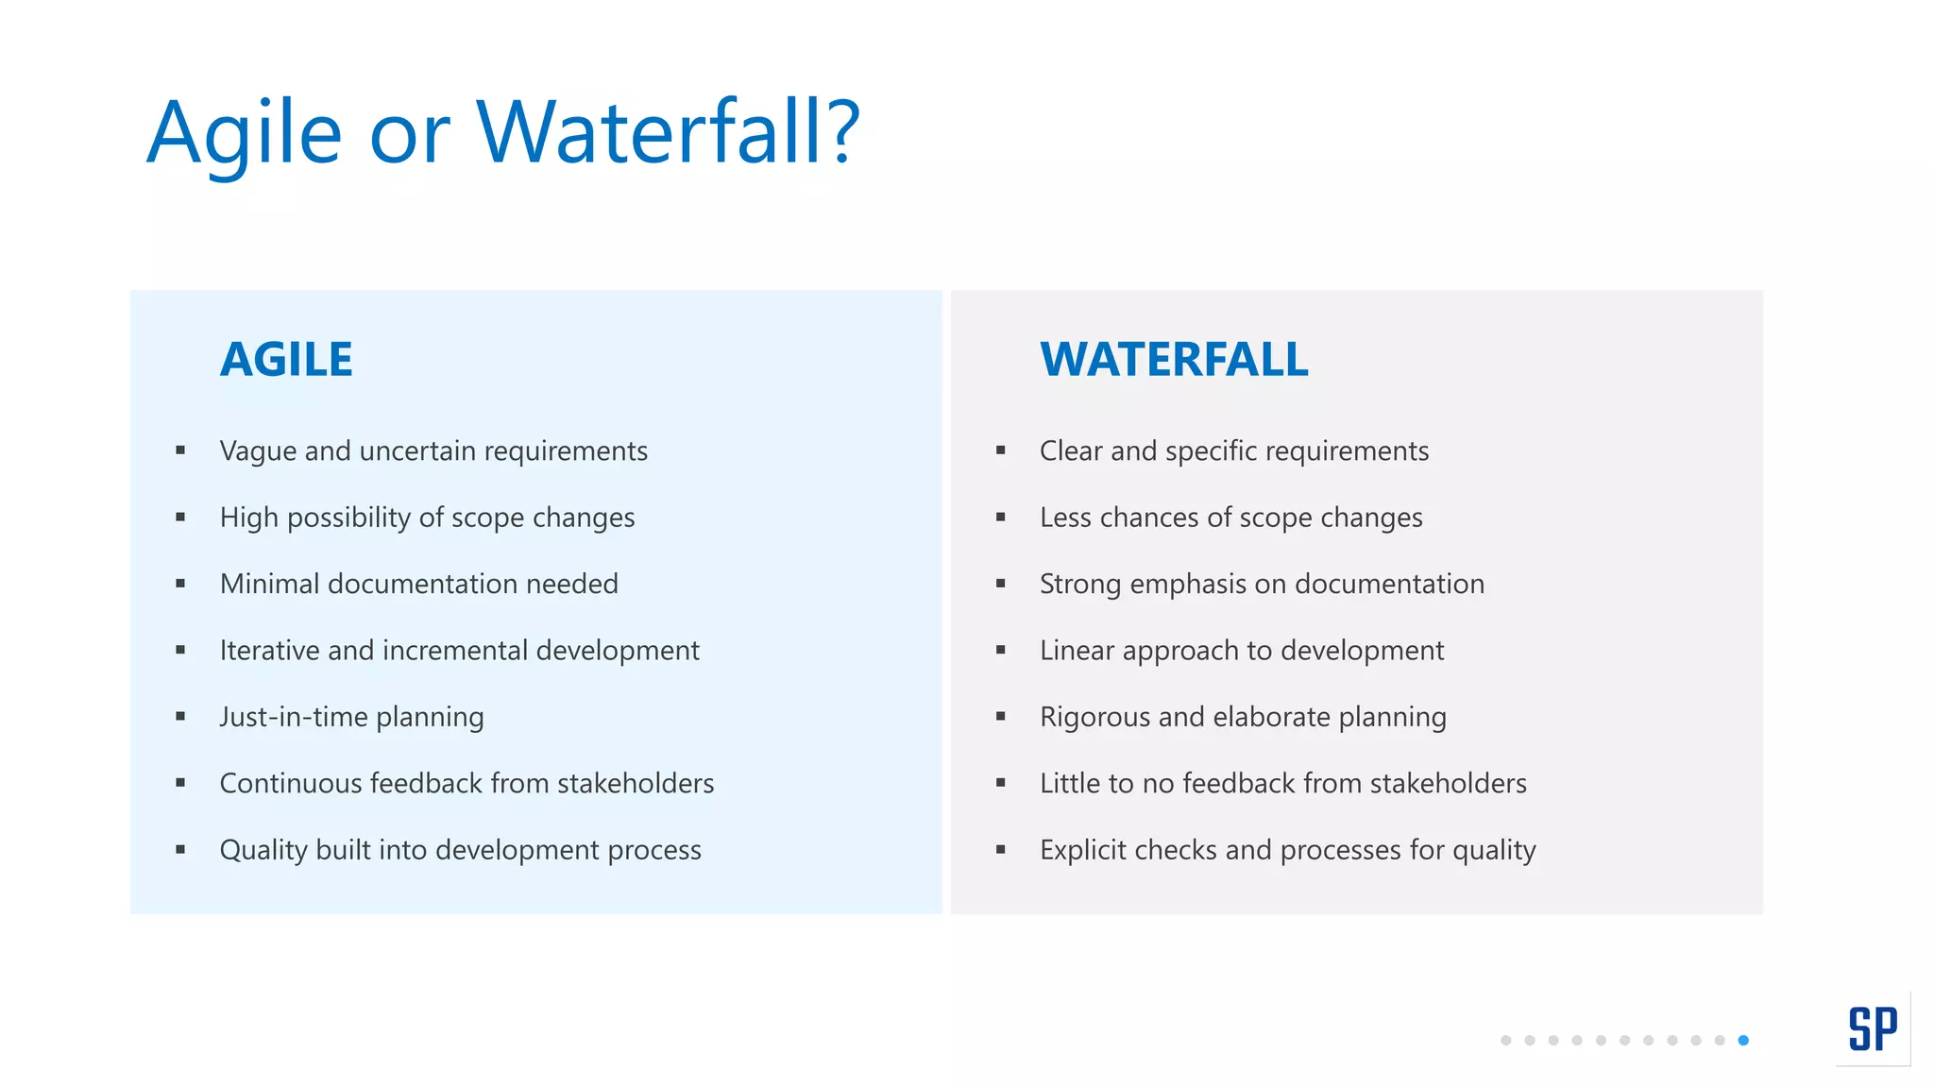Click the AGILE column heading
286,360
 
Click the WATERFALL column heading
1174,360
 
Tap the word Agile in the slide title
244,134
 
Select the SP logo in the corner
1873,1028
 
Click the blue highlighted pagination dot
1743,1040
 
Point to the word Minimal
269,584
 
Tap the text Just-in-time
294,717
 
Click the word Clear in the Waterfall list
1071,450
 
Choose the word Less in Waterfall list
1065,518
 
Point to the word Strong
1080,584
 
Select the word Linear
1077,651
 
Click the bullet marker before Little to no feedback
1001,783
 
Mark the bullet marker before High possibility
180,518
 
